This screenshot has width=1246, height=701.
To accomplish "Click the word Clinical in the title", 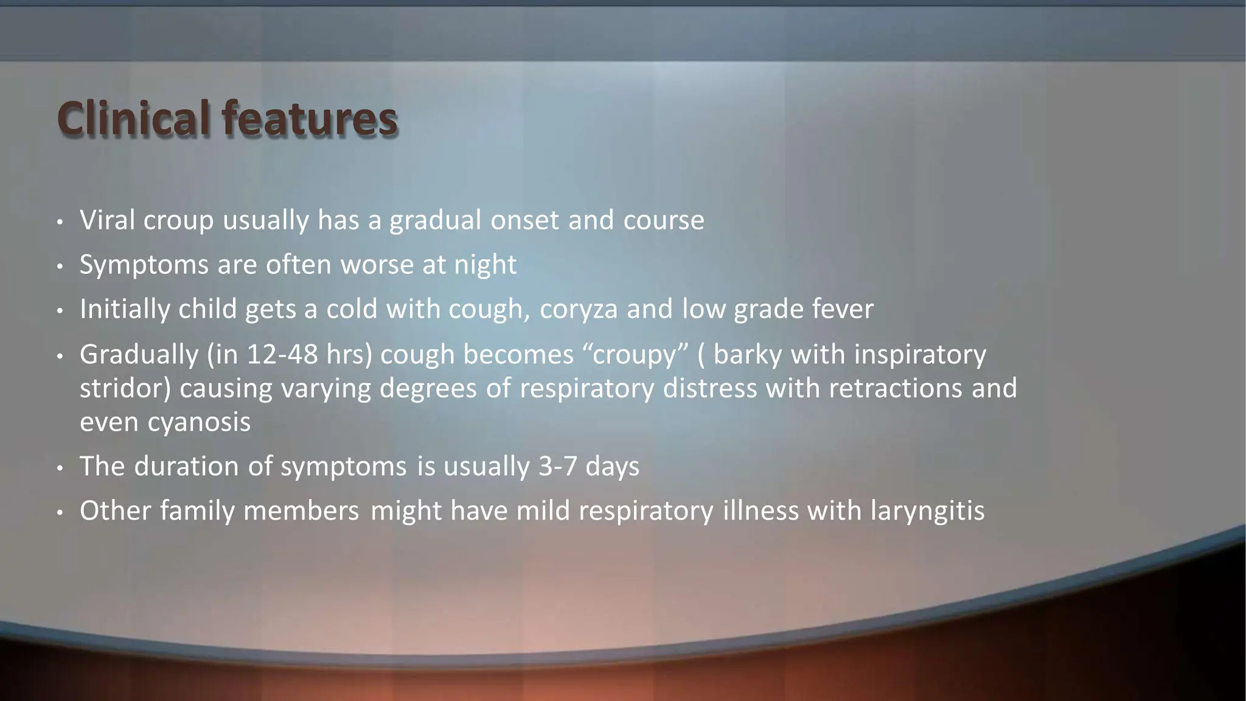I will click(x=134, y=118).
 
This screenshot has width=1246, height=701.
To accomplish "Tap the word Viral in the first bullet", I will click(x=107, y=220).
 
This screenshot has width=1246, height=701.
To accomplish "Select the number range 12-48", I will click(x=282, y=354).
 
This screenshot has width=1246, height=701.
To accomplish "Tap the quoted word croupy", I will click(x=635, y=354).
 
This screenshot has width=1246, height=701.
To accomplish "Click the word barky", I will click(x=747, y=354).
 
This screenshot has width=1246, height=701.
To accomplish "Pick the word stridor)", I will click(x=125, y=388).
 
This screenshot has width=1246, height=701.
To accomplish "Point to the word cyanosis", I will click(x=199, y=422).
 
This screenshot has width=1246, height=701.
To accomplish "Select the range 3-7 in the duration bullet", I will click(x=557, y=466).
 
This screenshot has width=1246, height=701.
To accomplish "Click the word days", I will click(x=612, y=467).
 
